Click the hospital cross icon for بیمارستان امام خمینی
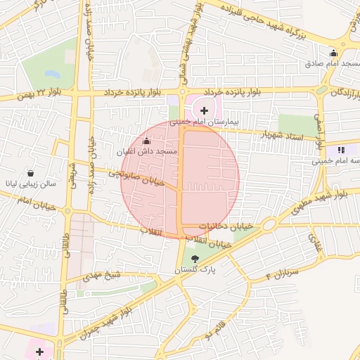(x=205, y=110)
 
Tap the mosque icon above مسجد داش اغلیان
(x=147, y=141)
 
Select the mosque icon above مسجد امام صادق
(x=333, y=53)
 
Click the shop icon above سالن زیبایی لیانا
(x=31, y=173)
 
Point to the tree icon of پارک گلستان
(x=195, y=259)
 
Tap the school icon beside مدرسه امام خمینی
(x=342, y=150)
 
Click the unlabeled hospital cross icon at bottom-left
(x=39, y=351)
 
